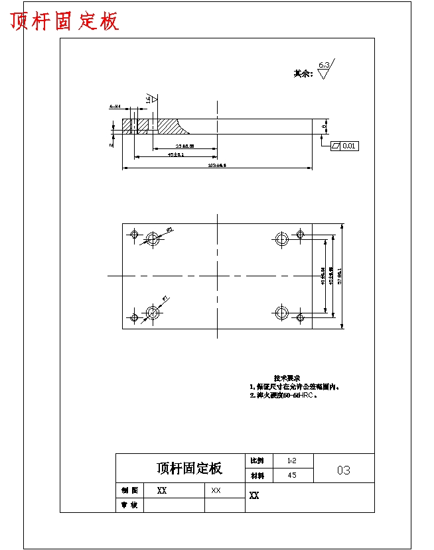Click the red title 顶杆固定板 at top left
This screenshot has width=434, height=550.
click(x=65, y=21)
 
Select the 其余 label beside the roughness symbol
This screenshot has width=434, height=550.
click(x=303, y=74)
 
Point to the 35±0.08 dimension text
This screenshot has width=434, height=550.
click(x=184, y=146)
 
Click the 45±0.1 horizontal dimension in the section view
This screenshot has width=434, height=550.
click(x=176, y=154)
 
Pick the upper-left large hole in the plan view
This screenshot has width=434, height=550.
click(x=153, y=238)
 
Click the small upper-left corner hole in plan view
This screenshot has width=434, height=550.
click(x=135, y=234)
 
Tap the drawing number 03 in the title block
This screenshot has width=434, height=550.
click(x=343, y=470)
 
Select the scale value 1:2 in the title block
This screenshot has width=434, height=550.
click(x=292, y=460)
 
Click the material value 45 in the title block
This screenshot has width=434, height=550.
click(x=292, y=475)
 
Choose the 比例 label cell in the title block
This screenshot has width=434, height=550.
click(x=257, y=460)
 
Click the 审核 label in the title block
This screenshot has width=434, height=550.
click(x=129, y=505)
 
